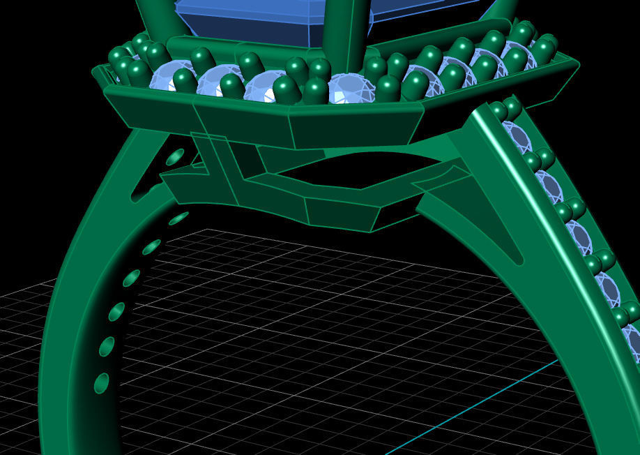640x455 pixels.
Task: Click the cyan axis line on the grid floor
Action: pos(488,398)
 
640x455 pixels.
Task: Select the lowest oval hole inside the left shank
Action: pos(102,382)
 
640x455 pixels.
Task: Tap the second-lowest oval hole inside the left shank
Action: pos(107,346)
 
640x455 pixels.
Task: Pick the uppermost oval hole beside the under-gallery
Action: pos(174,156)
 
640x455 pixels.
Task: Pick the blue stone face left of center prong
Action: pos(244,17)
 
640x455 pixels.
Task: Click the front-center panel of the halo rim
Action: pos(356,126)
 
